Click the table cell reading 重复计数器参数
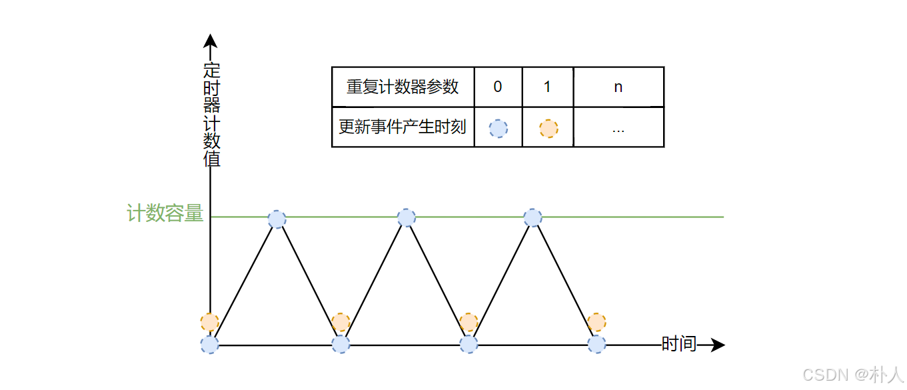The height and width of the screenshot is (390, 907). coord(403,87)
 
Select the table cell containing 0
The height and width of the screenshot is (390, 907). coord(498,87)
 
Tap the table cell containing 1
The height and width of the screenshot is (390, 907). coord(547,87)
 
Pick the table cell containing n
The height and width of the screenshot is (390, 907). coord(618,87)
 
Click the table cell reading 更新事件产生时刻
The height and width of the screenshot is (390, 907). coord(403,127)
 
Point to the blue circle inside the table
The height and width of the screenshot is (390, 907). coord(498,128)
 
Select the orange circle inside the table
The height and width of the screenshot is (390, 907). coord(548,128)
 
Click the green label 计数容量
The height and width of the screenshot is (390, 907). coord(165,213)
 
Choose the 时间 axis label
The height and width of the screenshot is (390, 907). coord(678,344)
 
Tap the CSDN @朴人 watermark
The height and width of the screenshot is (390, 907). coord(852,375)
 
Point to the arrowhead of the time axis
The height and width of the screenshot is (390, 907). coord(718,345)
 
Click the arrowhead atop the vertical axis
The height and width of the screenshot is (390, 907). coord(210,41)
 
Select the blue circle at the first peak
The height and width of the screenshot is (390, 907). coord(277,219)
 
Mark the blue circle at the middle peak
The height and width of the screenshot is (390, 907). coord(406,217)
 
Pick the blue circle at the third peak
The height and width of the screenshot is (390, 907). coord(532,217)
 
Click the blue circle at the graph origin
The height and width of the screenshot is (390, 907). coord(210,344)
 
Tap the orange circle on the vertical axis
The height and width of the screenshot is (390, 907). coord(210,322)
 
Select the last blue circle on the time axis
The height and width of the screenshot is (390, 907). coord(596,344)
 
